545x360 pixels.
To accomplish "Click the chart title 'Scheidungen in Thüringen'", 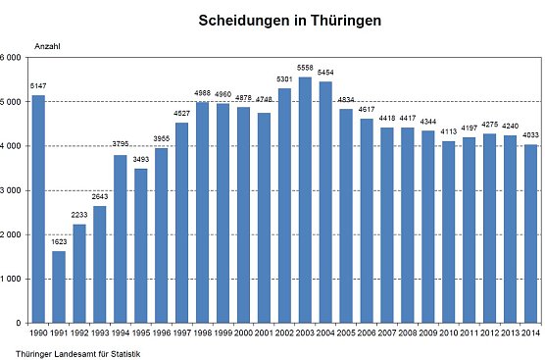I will pyautogui.click(x=275, y=20).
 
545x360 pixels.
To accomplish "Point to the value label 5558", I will pyautogui.click(x=304, y=71).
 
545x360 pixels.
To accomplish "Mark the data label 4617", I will pyautogui.click(x=366, y=112).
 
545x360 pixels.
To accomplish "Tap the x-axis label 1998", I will pyautogui.click(x=203, y=334).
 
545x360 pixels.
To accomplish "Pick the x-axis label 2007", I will pyautogui.click(x=386, y=334).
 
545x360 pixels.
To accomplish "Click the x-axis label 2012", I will pyautogui.click(x=489, y=334).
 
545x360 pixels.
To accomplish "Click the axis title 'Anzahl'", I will pyautogui.click(x=47, y=46).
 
